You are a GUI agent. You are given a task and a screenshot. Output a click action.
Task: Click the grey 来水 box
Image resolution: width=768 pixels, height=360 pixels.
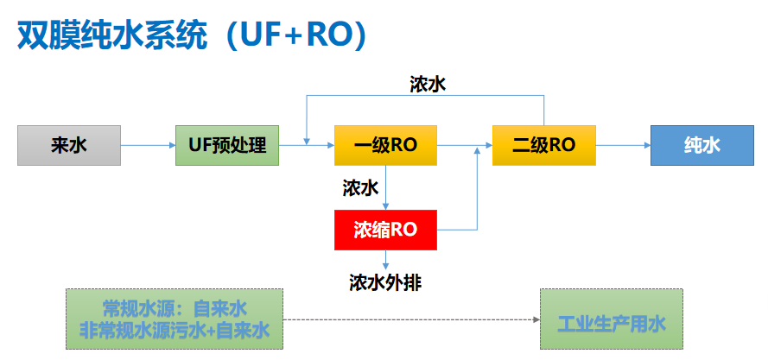(x=68, y=145)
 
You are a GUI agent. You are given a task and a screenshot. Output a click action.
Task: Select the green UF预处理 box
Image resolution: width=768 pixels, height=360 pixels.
(x=227, y=145)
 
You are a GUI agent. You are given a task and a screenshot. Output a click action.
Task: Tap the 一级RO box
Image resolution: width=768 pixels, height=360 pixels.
(x=385, y=145)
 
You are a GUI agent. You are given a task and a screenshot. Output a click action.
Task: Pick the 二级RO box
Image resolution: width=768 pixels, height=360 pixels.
(x=543, y=145)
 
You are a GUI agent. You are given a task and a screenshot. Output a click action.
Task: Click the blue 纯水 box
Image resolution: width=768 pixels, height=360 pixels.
(x=701, y=145)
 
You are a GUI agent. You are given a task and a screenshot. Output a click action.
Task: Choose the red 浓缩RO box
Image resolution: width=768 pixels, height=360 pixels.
(x=385, y=230)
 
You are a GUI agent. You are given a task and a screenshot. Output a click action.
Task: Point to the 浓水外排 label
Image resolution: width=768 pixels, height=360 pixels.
(x=385, y=282)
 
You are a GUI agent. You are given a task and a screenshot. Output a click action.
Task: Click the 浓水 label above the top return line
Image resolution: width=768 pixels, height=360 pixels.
(x=428, y=84)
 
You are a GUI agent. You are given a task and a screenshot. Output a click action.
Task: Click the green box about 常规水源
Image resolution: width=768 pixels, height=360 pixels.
(x=175, y=319)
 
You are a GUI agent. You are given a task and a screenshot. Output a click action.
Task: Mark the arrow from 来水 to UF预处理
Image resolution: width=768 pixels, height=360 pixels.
(x=147, y=145)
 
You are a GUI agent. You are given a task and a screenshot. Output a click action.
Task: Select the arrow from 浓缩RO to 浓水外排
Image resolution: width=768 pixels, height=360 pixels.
(x=385, y=259)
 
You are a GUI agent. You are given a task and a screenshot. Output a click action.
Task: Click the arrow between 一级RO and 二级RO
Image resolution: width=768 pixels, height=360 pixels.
(x=464, y=145)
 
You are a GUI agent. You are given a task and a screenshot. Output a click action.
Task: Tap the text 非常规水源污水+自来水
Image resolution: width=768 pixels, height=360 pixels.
(x=175, y=330)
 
